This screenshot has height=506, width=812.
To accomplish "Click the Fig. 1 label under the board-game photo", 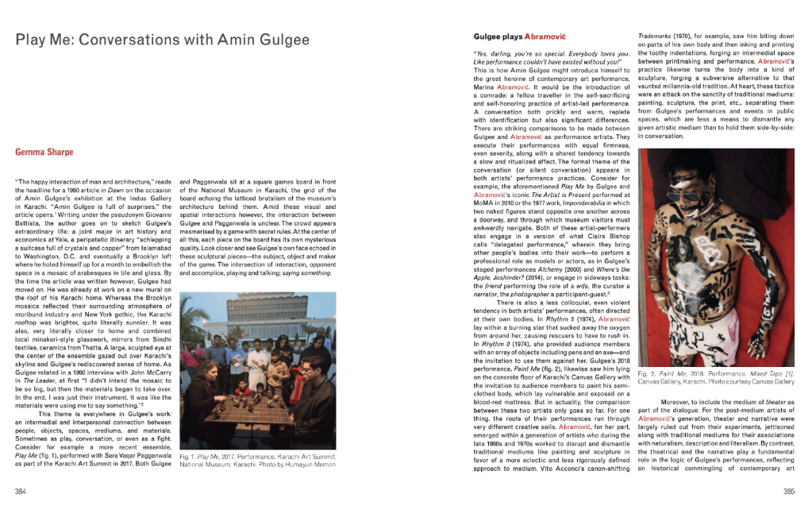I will [190, 459].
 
